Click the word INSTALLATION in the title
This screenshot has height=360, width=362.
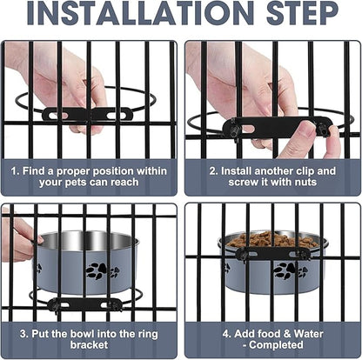coord(141,13)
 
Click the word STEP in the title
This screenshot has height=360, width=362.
coord(303,13)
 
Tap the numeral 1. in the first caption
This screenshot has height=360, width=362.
coord(16,171)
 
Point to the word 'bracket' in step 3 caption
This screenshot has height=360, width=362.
coord(89,345)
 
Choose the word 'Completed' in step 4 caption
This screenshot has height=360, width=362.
coord(276,345)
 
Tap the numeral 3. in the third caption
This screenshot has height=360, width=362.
coord(24,334)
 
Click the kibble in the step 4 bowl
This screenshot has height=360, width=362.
coord(271,240)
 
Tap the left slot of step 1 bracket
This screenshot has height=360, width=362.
coord(59,116)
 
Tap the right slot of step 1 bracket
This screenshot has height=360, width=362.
coord(117,116)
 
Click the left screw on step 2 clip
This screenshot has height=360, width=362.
coord(232,128)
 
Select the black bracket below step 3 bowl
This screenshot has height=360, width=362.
coord(84,305)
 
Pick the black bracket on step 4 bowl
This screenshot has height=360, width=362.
coord(271,254)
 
